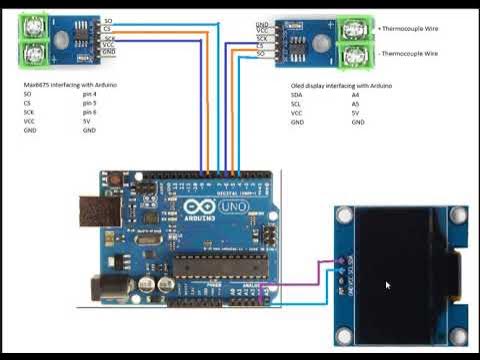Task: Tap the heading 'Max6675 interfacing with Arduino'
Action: (x=70, y=85)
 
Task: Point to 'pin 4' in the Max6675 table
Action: (x=90, y=94)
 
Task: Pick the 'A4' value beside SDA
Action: (x=355, y=95)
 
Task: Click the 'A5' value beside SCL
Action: (x=355, y=104)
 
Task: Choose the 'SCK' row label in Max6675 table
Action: (x=29, y=112)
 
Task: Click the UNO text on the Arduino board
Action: (x=232, y=209)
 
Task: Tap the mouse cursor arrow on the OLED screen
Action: (x=388, y=285)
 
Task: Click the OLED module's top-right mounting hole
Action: (x=458, y=214)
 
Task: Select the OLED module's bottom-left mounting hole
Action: (x=344, y=335)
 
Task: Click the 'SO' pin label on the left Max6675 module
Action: (x=108, y=21)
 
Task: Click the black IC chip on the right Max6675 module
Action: (x=297, y=41)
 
